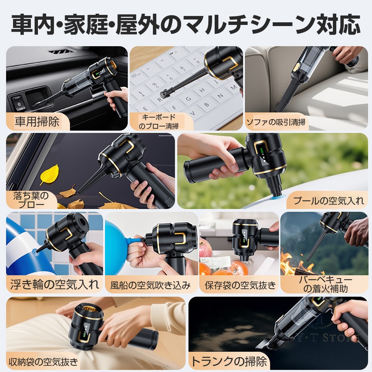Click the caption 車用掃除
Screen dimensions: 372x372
click(37, 122)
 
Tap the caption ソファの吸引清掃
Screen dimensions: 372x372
click(276, 122)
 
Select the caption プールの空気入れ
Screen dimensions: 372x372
click(328, 201)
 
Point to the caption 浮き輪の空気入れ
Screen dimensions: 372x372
click(55, 284)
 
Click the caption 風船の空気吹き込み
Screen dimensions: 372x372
click(150, 285)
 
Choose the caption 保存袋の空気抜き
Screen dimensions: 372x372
click(240, 285)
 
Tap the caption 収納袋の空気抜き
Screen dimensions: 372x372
click(44, 362)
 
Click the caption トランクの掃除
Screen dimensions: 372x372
click(229, 361)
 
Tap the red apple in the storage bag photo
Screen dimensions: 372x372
click(205, 250)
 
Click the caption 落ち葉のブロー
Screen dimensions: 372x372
click(31, 200)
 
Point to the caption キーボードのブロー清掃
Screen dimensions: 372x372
click(158, 122)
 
